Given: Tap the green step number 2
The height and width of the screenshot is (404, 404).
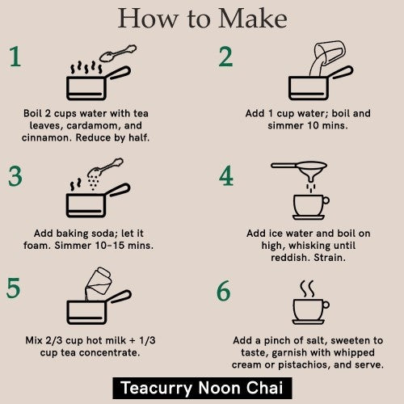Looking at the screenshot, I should (225, 57).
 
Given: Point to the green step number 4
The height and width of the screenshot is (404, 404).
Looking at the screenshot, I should (225, 176).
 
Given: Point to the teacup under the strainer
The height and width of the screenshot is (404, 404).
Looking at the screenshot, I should (309, 204).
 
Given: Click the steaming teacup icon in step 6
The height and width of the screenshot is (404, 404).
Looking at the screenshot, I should (309, 310).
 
